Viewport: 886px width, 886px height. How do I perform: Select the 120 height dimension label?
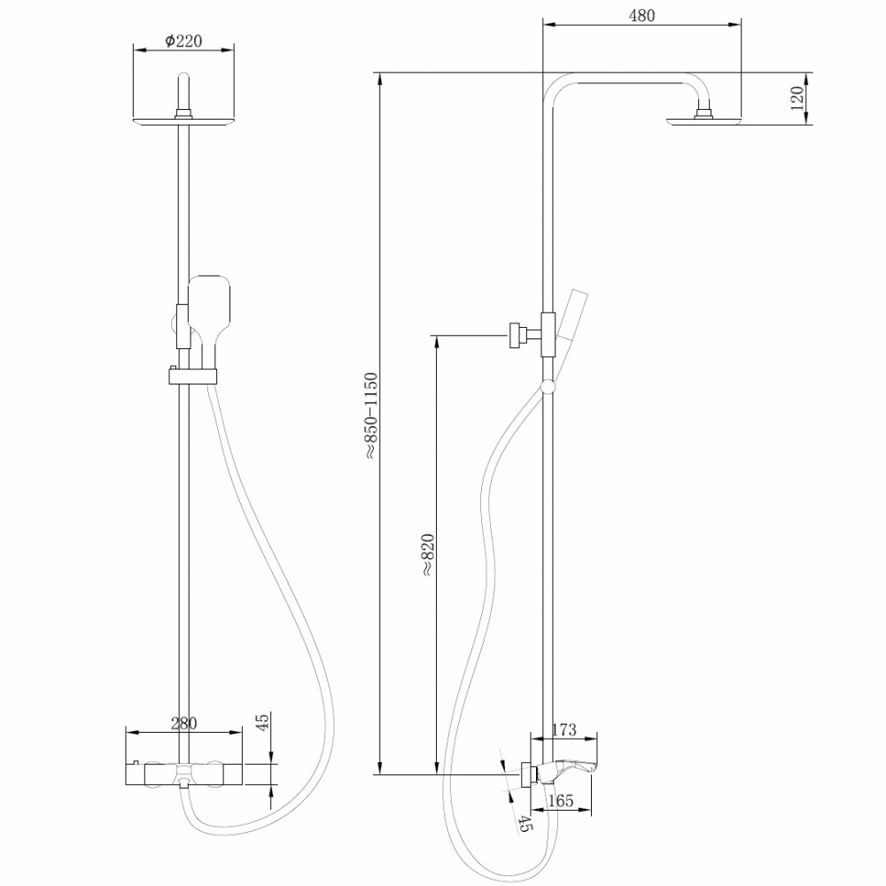[x=797, y=97]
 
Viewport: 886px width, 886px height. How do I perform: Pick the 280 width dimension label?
[x=183, y=724]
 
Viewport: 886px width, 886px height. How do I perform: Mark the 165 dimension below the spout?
[x=560, y=802]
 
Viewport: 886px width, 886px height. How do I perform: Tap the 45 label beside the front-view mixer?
[x=261, y=724]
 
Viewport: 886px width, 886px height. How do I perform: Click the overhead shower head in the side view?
[x=704, y=121]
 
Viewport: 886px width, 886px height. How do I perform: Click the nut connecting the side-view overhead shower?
[x=704, y=113]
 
